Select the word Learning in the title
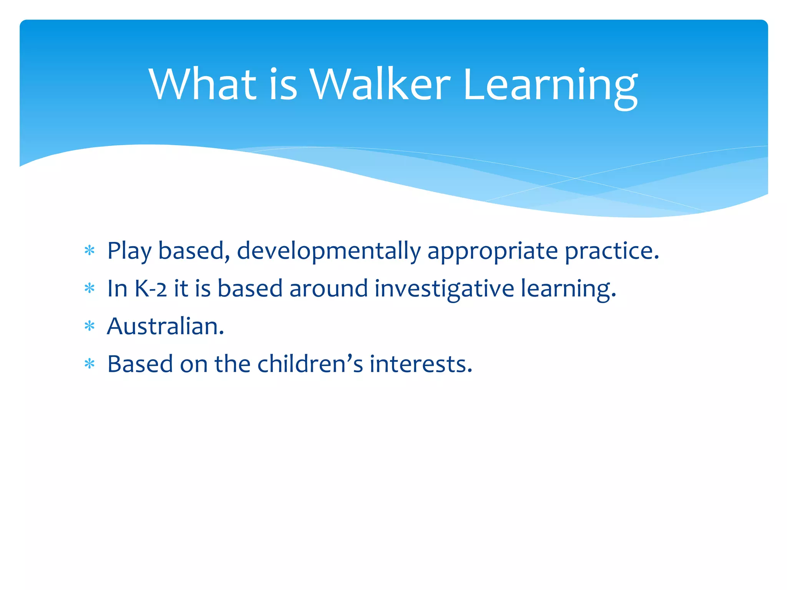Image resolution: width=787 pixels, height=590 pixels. tap(550, 86)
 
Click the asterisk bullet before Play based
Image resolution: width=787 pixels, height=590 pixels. tap(90, 251)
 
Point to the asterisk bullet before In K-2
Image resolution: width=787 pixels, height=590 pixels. tap(90, 288)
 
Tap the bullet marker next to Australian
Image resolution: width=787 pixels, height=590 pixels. tap(90, 326)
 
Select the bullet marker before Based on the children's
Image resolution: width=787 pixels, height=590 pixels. tap(90, 364)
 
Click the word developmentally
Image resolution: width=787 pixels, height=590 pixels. tap(329, 252)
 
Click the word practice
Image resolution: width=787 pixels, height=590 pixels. tap(612, 252)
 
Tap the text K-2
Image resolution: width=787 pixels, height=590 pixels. tap(151, 289)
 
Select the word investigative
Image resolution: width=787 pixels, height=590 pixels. tap(444, 289)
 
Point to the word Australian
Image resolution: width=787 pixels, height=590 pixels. tap(165, 326)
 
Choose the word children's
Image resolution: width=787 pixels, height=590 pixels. tap(310, 364)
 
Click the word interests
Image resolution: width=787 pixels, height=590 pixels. tap(420, 364)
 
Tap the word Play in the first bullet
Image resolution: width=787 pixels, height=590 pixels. tap(129, 252)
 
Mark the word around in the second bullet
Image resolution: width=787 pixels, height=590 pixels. tap(329, 289)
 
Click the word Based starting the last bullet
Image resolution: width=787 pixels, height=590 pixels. tap(140, 364)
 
